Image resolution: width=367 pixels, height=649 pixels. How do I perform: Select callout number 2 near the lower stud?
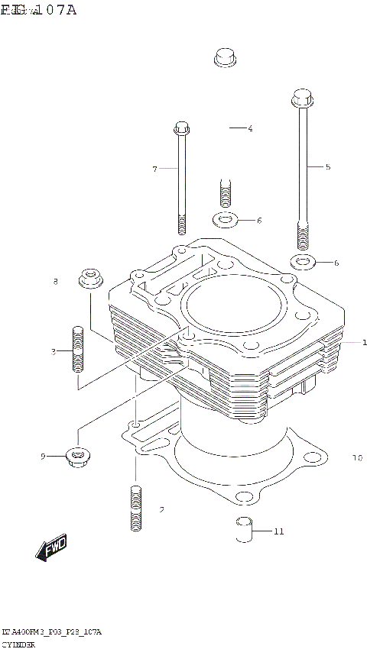click(x=161, y=509)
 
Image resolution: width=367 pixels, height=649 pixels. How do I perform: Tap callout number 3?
click(x=54, y=351)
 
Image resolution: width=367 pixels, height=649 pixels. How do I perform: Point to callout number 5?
click(x=327, y=166)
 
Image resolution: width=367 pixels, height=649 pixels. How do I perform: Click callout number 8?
click(x=55, y=283)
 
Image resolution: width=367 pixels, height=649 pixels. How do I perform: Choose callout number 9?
click(x=44, y=457)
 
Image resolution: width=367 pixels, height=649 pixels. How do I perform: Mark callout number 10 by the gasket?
click(x=356, y=459)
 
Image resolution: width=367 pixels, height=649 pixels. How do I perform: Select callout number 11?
click(x=278, y=531)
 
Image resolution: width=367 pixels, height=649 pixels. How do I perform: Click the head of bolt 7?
click(x=181, y=128)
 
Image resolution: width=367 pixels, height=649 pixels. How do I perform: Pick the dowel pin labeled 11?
click(x=243, y=528)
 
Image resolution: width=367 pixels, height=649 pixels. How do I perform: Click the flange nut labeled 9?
click(x=78, y=457)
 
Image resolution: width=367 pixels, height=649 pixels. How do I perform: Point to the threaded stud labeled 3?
click(x=77, y=349)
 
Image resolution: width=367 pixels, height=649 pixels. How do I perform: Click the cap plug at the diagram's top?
click(x=225, y=57)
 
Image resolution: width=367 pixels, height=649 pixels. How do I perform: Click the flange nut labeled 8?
click(x=91, y=277)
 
